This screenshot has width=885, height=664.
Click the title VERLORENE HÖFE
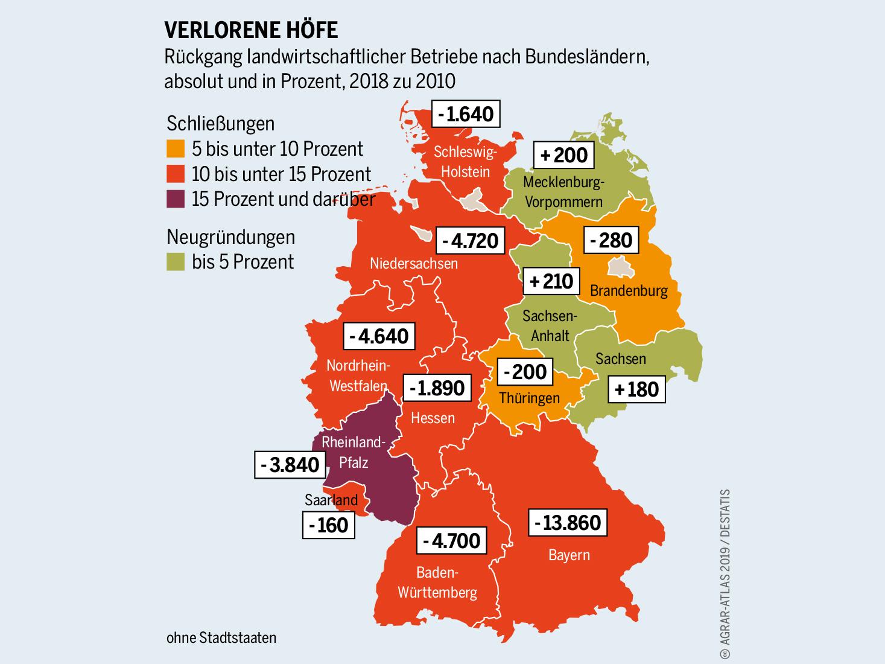[251, 30]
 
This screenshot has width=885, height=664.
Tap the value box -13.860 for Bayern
[568, 522]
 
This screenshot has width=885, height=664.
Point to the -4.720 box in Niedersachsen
[470, 241]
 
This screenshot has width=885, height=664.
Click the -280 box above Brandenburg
[611, 240]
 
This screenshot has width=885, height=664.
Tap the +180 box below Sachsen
[636, 389]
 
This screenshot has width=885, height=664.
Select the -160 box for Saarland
[329, 525]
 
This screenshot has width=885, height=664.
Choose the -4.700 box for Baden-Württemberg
[451, 540]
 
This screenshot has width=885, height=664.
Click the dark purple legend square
[176, 199]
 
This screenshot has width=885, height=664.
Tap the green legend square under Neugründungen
[176, 262]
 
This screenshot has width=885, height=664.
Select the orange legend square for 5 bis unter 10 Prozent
[176, 148]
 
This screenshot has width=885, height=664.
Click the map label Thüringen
[529, 398]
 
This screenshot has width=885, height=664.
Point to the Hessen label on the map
[433, 418]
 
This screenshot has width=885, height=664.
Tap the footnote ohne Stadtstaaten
[221, 637]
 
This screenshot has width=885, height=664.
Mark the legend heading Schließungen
[220, 123]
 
